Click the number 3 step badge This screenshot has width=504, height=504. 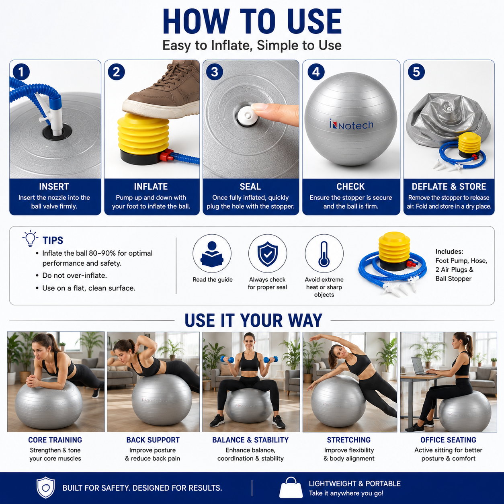[x=214, y=72]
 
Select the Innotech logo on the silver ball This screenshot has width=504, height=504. [x=351, y=125]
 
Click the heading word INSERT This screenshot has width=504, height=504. [x=54, y=186]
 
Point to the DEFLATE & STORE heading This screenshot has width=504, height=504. [x=449, y=186]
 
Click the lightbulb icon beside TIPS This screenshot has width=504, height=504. [x=30, y=238]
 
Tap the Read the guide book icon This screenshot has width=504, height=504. [x=212, y=254]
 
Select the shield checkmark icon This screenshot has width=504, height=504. [x=268, y=254]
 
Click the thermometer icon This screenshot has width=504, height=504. [x=324, y=254]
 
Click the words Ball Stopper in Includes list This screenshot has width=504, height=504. [x=453, y=279]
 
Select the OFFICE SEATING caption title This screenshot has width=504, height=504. [x=448, y=440]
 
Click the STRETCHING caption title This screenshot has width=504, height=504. [x=348, y=440]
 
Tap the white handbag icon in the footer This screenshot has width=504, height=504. [x=291, y=488]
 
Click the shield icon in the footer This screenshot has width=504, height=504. [x=45, y=487]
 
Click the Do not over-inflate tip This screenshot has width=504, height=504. [x=74, y=275]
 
